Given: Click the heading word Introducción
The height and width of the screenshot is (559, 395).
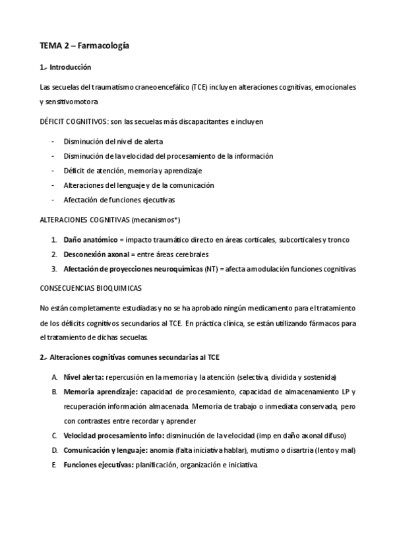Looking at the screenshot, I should pos(71,67).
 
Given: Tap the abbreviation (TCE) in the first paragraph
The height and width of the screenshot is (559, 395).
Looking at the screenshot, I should pos(195,86).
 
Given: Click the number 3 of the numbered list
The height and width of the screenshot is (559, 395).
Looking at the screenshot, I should pos(53,268).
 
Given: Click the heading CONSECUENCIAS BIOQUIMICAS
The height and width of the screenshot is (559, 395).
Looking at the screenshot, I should pos(91,288).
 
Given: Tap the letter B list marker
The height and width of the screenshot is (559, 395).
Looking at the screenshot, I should pos(53,392).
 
